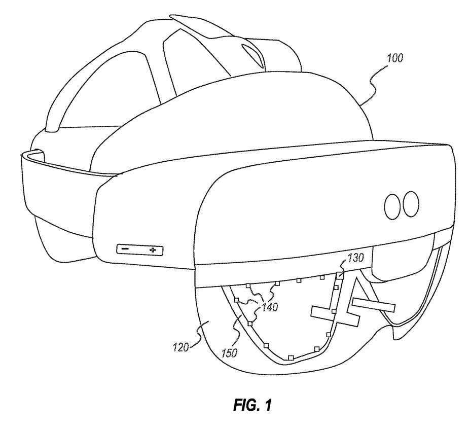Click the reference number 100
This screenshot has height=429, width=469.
click(395, 58)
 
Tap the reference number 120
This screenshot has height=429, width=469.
click(181, 348)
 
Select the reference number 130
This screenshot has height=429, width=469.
click(355, 258)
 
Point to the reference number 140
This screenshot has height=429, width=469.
click(270, 307)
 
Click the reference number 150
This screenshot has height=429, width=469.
click(229, 353)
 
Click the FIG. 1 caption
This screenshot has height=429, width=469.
click(252, 405)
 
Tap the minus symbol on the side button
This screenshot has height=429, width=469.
click(125, 248)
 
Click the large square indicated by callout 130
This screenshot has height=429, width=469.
click(340, 275)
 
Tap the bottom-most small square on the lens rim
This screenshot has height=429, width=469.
click(290, 357)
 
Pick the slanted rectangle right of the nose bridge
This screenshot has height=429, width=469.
click(374, 305)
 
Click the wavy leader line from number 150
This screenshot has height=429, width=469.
click(236, 332)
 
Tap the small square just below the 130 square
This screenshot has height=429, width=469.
click(336, 288)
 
